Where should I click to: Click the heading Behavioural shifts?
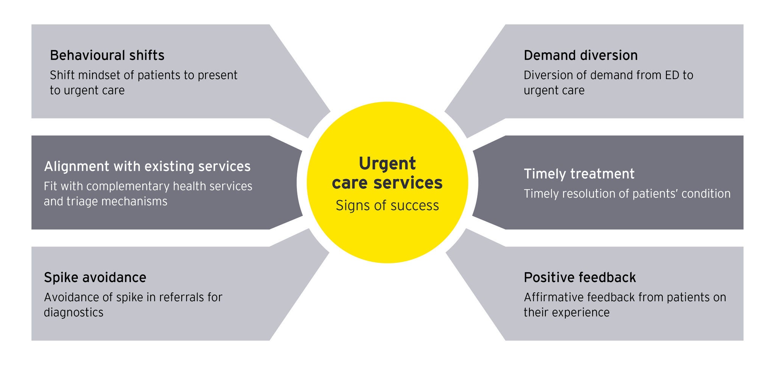point(107,55)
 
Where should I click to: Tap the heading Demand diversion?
point(580,55)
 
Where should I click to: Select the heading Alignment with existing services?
point(147,166)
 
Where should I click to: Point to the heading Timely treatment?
point(579,174)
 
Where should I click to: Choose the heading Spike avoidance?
point(95,278)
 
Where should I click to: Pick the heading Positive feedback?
point(580,278)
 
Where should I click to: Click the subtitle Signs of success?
point(387,206)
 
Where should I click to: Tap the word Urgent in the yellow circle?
point(387,164)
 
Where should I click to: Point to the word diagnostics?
point(73,313)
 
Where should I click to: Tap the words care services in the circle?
point(387,183)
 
